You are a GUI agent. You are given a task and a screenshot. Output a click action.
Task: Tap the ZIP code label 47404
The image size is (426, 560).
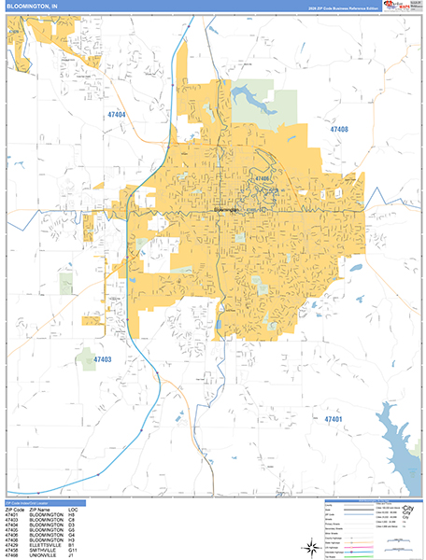click(x=116, y=114)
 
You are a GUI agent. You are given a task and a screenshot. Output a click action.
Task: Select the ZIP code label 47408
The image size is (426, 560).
click(x=338, y=130)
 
